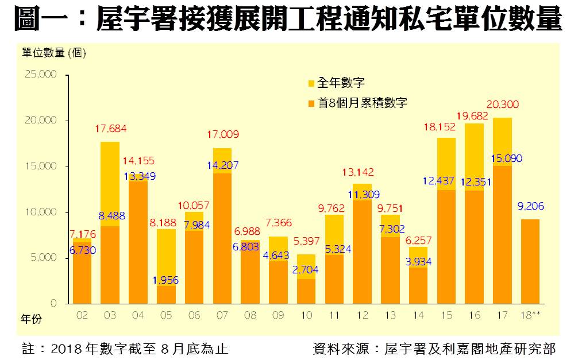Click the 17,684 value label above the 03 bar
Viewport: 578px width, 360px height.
(110, 129)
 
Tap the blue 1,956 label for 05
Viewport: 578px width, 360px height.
(166, 281)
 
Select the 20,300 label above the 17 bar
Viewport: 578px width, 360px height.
(502, 104)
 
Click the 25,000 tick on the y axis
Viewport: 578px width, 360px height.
(40, 75)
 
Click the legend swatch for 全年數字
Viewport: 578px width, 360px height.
(311, 84)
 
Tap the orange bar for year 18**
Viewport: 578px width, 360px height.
(530, 261)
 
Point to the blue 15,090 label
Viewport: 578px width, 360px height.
(503, 158)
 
